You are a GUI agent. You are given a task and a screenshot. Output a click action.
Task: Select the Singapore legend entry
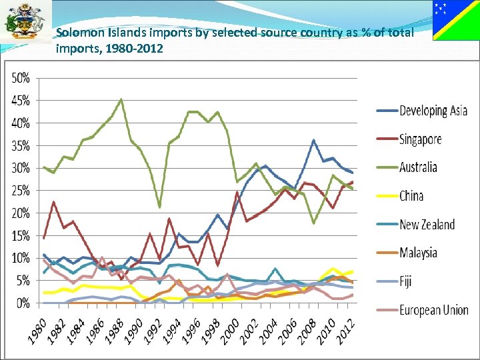420,139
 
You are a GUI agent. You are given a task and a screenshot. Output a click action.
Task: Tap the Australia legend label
418,167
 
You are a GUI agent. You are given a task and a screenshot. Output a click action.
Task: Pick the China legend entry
411,196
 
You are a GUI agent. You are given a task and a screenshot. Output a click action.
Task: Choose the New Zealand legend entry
427,225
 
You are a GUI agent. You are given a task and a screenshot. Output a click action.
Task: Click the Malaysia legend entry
418,253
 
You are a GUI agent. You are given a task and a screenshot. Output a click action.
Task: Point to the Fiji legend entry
407,281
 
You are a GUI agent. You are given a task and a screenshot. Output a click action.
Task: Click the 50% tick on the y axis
21,77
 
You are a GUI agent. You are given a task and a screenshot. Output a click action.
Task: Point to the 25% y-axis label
21,191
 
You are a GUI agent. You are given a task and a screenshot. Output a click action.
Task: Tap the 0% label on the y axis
23,303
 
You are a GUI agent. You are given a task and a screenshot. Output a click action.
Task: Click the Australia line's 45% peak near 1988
121,100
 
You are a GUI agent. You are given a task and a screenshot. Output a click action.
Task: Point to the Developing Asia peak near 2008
314,141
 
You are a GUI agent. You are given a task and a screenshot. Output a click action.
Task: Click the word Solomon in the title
79,32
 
